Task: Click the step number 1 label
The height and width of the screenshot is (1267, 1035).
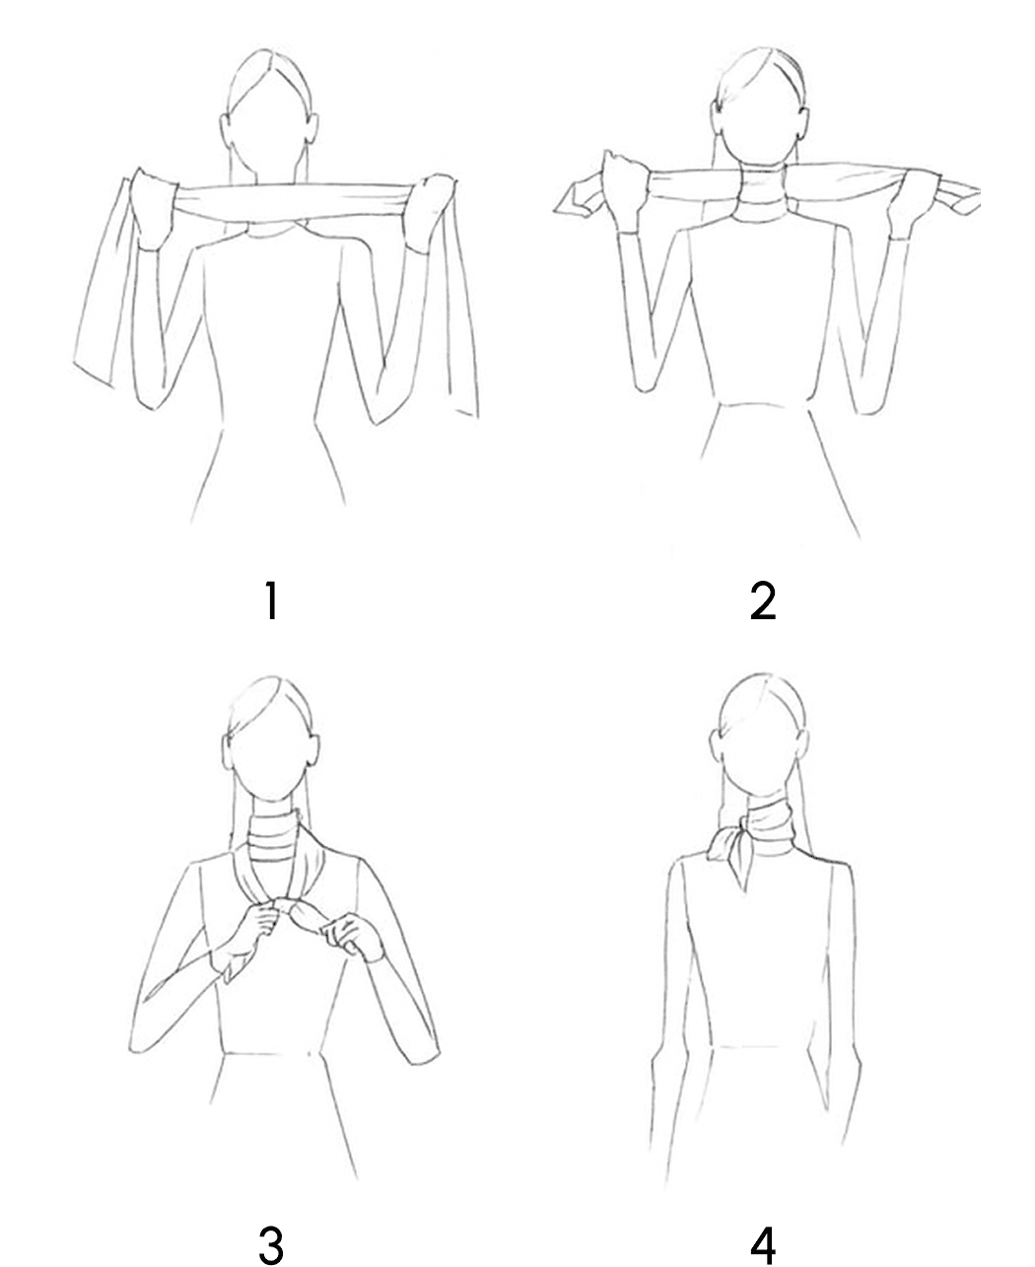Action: click(x=271, y=600)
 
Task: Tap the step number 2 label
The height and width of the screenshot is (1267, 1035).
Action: click(x=762, y=600)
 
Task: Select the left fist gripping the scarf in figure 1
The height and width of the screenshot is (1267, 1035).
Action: click(x=152, y=208)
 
